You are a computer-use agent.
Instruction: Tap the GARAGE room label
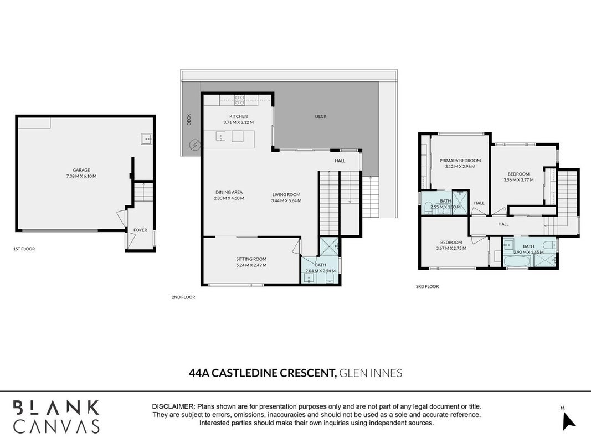point(81,170)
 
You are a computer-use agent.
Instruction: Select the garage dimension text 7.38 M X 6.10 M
point(81,176)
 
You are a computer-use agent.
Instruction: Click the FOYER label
point(140,230)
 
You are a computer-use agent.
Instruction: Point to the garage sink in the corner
point(146,139)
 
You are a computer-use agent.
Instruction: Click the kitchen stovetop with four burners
point(240,100)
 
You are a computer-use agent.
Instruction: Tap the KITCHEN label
point(239,116)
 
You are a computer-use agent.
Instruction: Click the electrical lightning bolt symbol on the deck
point(195,145)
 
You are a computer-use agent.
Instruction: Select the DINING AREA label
point(229,192)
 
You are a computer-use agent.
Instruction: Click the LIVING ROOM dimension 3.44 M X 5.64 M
point(286,201)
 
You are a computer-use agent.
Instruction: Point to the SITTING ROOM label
point(251,259)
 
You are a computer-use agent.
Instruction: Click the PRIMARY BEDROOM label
point(460,161)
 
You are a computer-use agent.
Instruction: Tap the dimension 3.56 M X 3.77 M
point(518,180)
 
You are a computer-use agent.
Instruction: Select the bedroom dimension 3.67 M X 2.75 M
point(451,248)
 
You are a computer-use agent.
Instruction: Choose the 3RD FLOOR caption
point(428,286)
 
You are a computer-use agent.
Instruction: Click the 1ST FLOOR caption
point(24,249)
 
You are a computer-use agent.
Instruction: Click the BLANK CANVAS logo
point(56,416)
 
